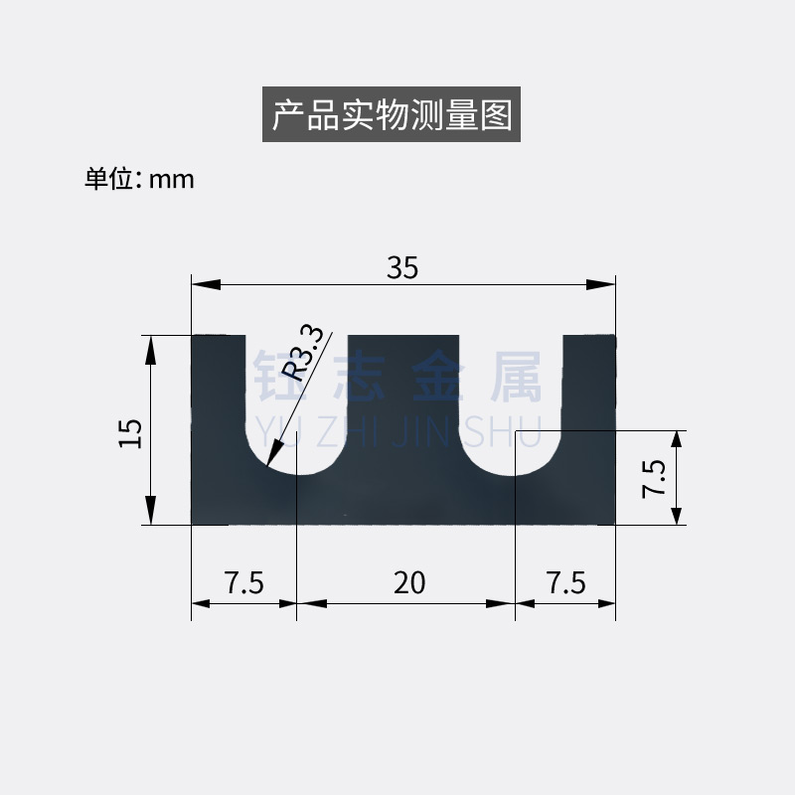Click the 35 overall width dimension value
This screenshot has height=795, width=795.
[x=402, y=267]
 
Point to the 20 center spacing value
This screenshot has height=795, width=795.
[x=408, y=582]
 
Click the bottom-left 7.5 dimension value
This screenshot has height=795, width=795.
[x=243, y=582]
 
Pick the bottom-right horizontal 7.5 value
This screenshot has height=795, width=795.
[x=565, y=582]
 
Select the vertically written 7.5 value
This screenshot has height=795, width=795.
[x=653, y=478]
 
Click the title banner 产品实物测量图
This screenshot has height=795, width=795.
[x=392, y=115]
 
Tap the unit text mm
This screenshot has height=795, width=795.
[x=171, y=180]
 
